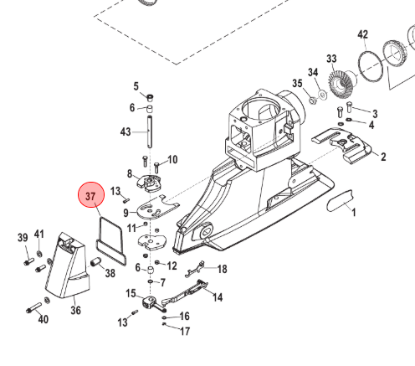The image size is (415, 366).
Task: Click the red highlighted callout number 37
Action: pos(91,195)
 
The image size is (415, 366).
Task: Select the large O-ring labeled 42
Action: pos(370,66)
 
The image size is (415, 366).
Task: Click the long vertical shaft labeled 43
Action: pos(150,131)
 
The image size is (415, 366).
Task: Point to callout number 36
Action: pos(75,310)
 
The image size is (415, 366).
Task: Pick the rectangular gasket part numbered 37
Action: pos(110,240)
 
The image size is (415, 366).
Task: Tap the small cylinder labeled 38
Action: pos(95,262)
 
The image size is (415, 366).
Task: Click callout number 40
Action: pos(44,319)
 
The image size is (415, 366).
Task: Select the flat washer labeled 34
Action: pos(323,95)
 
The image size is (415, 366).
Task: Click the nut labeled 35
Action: pos(312,100)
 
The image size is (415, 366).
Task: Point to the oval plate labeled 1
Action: pos(340,200)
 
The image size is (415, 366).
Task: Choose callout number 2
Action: pos(383,157)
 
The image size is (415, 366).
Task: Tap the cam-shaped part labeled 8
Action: pos(149,183)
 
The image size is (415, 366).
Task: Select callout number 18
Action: pos(222,269)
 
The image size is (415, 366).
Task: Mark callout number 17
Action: pos(185,331)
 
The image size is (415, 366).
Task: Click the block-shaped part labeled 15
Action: pos(149,302)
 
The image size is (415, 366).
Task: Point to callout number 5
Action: pos(136,86)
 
